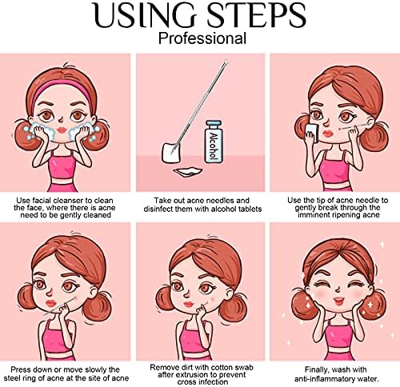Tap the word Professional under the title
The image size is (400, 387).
click(202, 38)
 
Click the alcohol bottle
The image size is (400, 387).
click(214, 142)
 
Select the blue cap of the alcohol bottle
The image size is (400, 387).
click(214, 124)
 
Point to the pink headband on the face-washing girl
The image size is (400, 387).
click(62, 88)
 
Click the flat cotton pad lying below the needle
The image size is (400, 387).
click(188, 171)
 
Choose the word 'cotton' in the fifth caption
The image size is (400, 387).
click(215, 368)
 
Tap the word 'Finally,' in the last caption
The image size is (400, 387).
click(318, 370)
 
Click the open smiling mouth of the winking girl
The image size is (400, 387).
click(339, 301)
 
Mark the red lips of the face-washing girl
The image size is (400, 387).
click(62, 130)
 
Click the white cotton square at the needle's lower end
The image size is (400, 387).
click(171, 153)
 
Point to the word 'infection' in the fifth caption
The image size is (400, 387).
click(214, 382)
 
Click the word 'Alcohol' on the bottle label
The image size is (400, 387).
click(214, 146)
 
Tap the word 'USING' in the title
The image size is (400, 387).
click(146, 15)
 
